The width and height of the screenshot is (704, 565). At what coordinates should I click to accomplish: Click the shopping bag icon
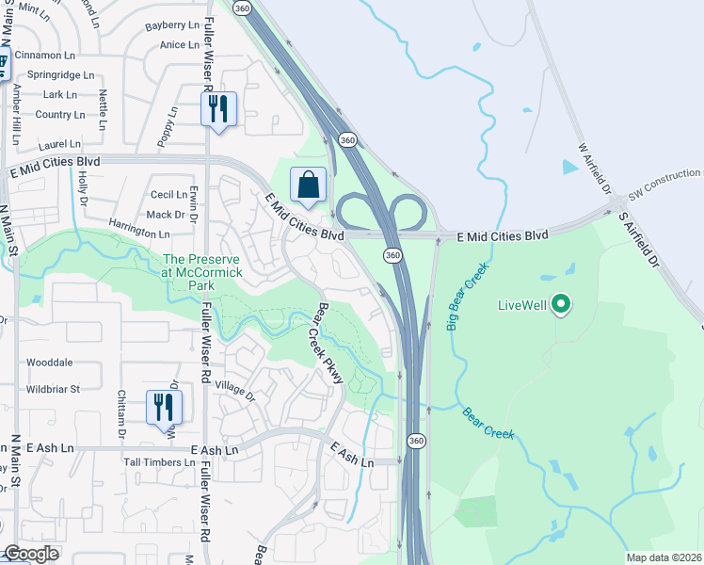coord(309,186)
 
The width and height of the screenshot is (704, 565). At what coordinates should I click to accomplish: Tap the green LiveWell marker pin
coord(562,303)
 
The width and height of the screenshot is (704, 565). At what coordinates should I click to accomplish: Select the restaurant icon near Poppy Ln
coord(218,109)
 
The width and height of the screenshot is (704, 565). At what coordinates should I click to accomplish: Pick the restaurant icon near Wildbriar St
coord(166,407)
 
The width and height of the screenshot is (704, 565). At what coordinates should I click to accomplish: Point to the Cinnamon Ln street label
coord(59,56)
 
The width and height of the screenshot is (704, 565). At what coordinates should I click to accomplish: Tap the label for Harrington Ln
coord(139,233)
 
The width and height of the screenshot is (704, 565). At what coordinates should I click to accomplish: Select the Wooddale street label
coord(50,363)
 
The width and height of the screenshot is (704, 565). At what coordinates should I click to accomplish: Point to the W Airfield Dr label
coord(596,169)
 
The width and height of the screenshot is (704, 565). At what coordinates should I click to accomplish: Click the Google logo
coord(31,554)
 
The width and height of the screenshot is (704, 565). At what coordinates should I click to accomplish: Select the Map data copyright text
coord(664,557)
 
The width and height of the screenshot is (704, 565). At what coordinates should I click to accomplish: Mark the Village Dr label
coord(235,390)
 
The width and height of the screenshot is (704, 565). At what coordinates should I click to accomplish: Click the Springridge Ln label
coord(61,74)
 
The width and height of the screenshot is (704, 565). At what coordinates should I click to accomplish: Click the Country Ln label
coord(59,115)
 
